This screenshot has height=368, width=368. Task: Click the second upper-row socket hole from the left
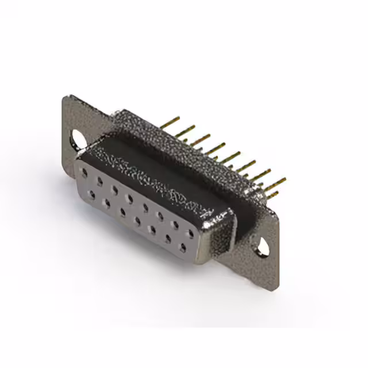coord(99,181)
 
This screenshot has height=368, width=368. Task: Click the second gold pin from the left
coord(186,129)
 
